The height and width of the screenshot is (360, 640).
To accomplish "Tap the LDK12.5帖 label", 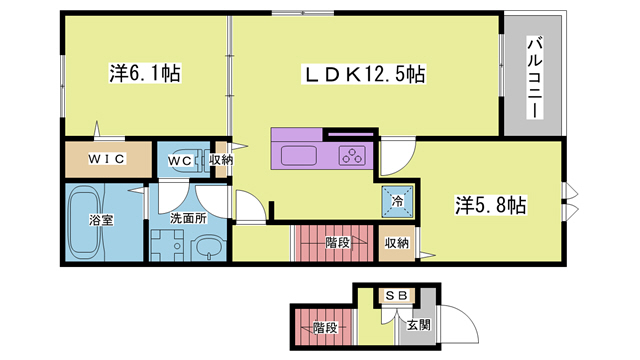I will [365, 73].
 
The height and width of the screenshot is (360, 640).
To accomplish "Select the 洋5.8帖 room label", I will [491, 205].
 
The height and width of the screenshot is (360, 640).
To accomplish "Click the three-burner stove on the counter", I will [352, 155].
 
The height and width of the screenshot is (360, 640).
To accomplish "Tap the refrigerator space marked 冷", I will [397, 201].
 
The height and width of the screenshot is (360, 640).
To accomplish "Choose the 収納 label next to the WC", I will [221, 160].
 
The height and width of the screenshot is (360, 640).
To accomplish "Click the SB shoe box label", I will [394, 295].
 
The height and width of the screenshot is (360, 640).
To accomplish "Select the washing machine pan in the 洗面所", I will [166, 245].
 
